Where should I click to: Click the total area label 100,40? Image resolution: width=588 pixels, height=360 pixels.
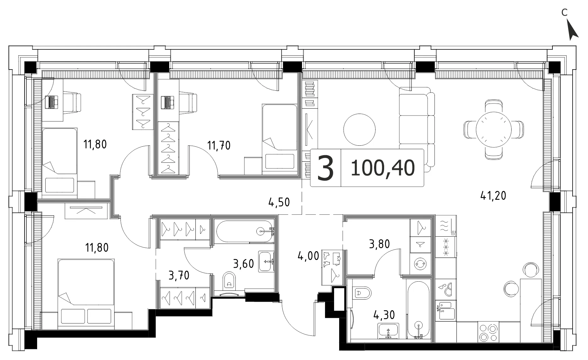coord(383,168)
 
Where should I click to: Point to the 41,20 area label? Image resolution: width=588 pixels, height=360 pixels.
coord(493,196)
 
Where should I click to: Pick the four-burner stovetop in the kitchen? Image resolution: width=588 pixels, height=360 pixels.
coord(489,332)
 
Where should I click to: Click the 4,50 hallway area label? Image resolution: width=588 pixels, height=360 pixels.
coord(279,202)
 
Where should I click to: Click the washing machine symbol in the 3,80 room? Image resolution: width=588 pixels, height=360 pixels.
coord(420,264)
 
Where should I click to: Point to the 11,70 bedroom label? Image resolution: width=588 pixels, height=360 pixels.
coord(219,145)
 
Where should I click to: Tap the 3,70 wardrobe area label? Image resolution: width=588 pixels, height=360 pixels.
coord(179,276)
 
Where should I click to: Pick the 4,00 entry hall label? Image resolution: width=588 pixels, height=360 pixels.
coord(308,256)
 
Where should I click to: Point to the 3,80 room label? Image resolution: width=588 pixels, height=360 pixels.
coord(379,244)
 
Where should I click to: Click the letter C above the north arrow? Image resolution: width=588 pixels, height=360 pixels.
coord(565,13)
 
